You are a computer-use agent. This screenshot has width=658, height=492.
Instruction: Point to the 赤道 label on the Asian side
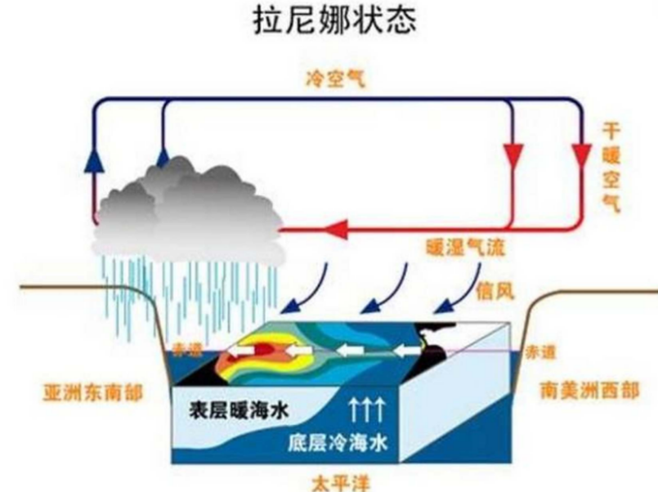[x=186, y=350]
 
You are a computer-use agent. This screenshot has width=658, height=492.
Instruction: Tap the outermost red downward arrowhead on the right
[x=582, y=153]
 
